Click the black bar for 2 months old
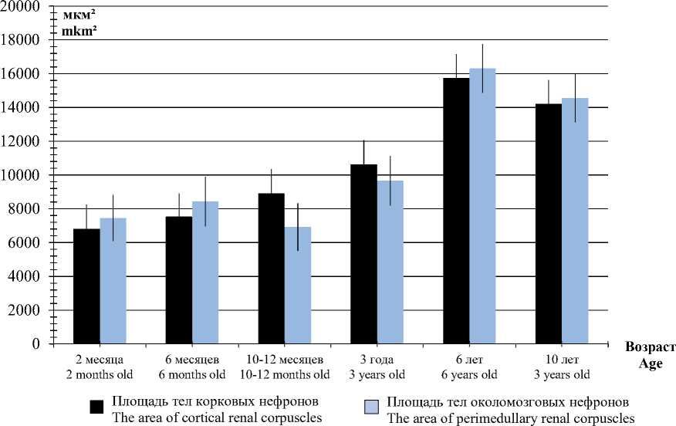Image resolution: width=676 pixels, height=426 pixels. (x=86, y=286)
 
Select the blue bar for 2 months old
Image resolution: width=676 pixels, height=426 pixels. (x=113, y=281)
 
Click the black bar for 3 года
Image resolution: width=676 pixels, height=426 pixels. (x=363, y=254)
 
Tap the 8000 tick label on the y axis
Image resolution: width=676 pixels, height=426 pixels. (x=26, y=209)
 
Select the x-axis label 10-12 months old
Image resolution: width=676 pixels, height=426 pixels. (x=284, y=374)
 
